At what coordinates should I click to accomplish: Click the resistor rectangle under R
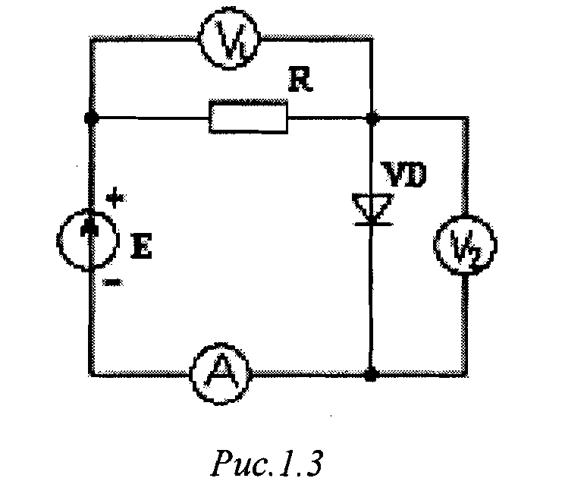(249, 118)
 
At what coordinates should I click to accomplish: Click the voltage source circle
(89, 241)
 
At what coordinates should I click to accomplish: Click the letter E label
(141, 247)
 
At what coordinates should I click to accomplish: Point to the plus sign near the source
(114, 200)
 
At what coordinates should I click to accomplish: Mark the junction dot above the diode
(372, 118)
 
